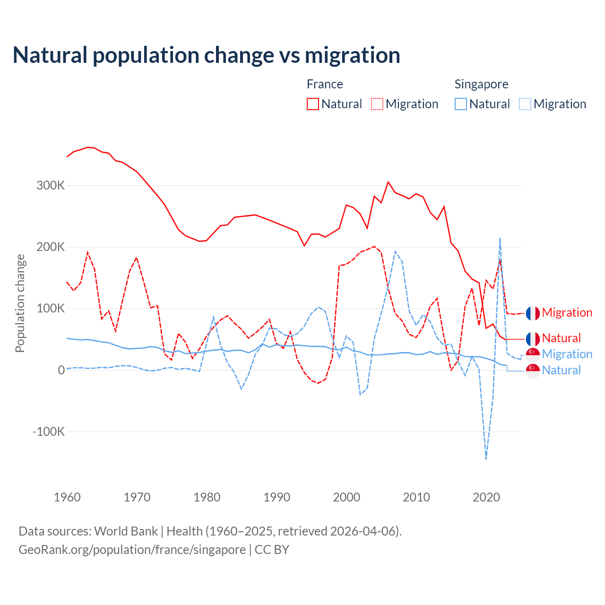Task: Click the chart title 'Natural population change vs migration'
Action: (206, 55)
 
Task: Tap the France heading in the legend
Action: (325, 84)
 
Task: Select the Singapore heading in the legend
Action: (481, 84)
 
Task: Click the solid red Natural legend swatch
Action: (313, 104)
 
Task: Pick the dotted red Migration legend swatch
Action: (377, 104)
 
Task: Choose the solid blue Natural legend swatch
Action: (461, 104)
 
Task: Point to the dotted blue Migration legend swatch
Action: (525, 104)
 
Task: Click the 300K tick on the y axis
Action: (51, 185)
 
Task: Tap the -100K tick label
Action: (48, 432)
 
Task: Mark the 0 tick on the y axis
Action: (61, 370)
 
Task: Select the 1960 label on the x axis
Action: (67, 497)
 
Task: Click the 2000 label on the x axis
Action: (346, 497)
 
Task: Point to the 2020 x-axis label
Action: (486, 497)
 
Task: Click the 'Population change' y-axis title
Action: (20, 303)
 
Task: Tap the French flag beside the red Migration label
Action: (533, 313)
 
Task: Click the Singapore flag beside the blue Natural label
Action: (533, 371)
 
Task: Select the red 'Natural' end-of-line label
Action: (561, 338)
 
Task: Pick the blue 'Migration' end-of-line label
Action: (567, 354)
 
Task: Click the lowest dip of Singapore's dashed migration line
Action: (486, 458)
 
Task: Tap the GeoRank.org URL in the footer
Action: (132, 550)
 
